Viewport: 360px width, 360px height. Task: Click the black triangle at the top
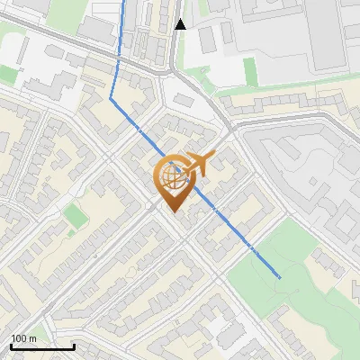point(181,24)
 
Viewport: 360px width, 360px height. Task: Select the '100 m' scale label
point(23,339)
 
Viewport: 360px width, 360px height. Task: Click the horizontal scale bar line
point(42,346)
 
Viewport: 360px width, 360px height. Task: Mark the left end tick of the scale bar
point(11,345)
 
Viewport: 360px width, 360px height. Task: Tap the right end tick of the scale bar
point(74,345)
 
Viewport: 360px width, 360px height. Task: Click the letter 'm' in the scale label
point(32,339)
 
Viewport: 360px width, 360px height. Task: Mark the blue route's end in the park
point(280,277)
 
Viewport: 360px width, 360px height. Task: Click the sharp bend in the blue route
point(111,97)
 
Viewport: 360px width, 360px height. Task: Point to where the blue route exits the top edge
point(124,2)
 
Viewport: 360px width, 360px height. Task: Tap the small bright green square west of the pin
point(72,215)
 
